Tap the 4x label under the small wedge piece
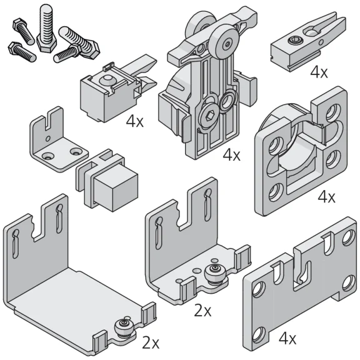click(318, 72)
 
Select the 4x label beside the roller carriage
click(231, 154)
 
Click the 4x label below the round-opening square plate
click(326, 197)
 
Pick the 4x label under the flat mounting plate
click(287, 339)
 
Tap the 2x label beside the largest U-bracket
click(151, 342)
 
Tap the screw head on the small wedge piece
click(292, 41)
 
